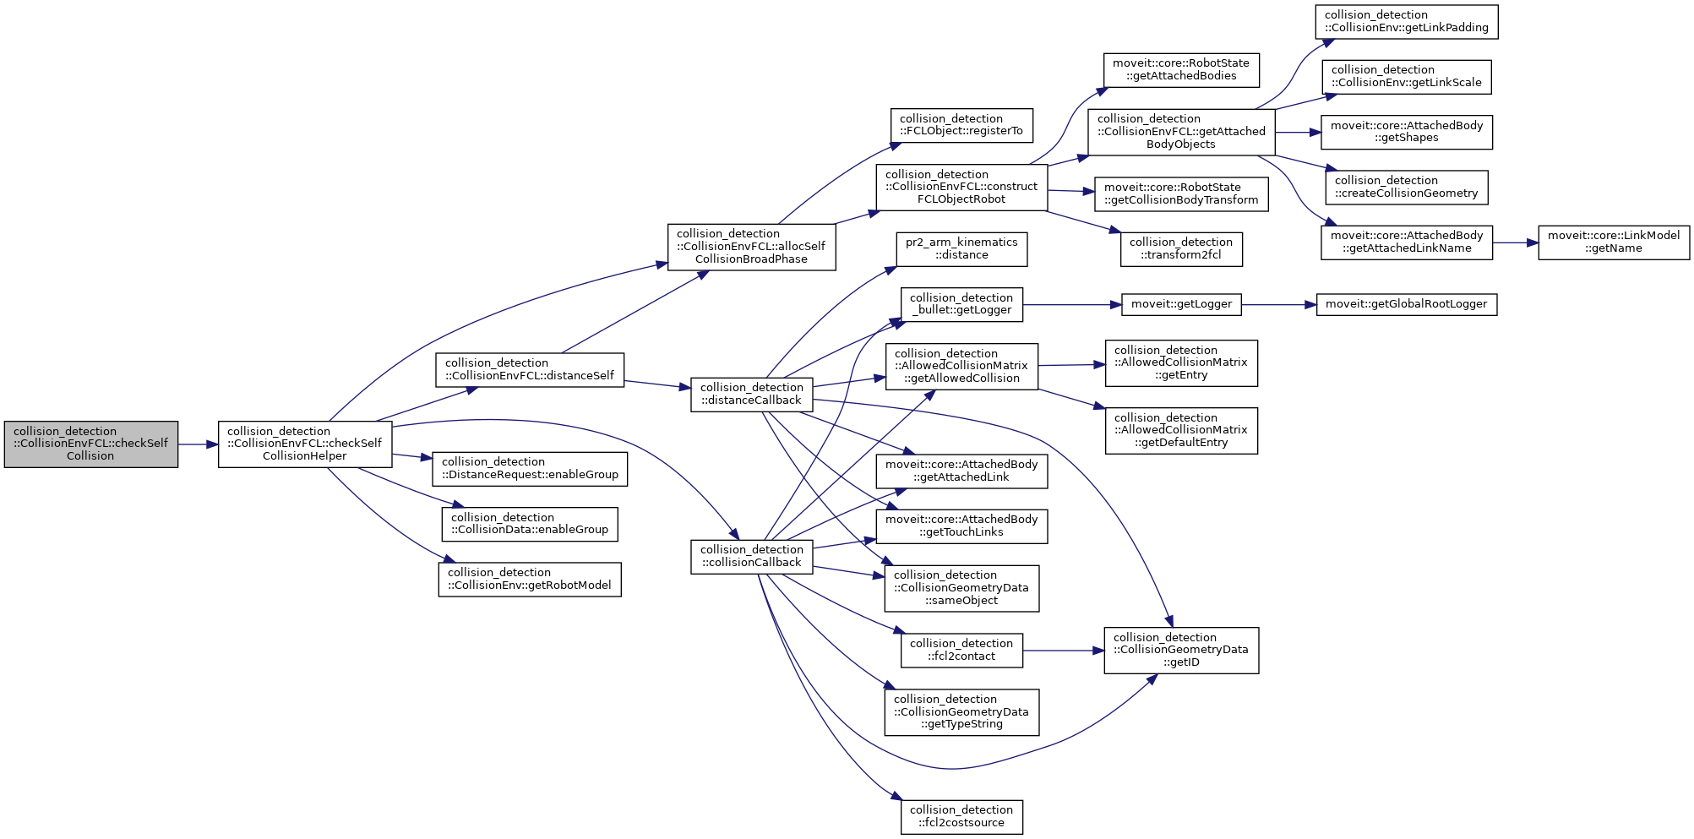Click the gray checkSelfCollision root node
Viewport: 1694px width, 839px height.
(x=91, y=444)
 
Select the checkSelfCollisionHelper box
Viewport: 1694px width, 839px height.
(x=305, y=444)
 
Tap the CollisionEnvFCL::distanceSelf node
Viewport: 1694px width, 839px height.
(x=530, y=370)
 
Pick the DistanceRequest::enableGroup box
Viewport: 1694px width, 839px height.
(x=530, y=469)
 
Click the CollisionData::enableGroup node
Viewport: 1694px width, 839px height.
(x=530, y=524)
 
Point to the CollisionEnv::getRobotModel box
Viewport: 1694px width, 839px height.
(x=530, y=579)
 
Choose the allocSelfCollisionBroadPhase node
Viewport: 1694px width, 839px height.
(x=751, y=247)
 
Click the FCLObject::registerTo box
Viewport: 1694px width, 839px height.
(x=961, y=125)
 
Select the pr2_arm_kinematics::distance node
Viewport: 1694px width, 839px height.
(x=961, y=249)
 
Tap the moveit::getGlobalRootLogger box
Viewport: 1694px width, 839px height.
(x=1407, y=304)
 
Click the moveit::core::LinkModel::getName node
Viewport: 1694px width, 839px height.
(x=1614, y=242)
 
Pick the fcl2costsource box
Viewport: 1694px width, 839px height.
(x=961, y=817)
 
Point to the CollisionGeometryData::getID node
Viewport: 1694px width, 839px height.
(x=1181, y=651)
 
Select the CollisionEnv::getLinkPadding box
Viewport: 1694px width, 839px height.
(x=1407, y=22)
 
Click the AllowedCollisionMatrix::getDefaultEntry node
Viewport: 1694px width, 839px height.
(x=1181, y=431)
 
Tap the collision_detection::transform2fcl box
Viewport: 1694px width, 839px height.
(x=1181, y=249)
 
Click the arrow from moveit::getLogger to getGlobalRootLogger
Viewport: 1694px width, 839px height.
(x=1278, y=304)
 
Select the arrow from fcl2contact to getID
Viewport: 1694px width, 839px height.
(x=1063, y=651)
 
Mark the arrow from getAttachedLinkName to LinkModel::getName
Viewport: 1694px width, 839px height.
(x=1515, y=242)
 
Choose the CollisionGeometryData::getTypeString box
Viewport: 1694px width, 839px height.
(x=961, y=712)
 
